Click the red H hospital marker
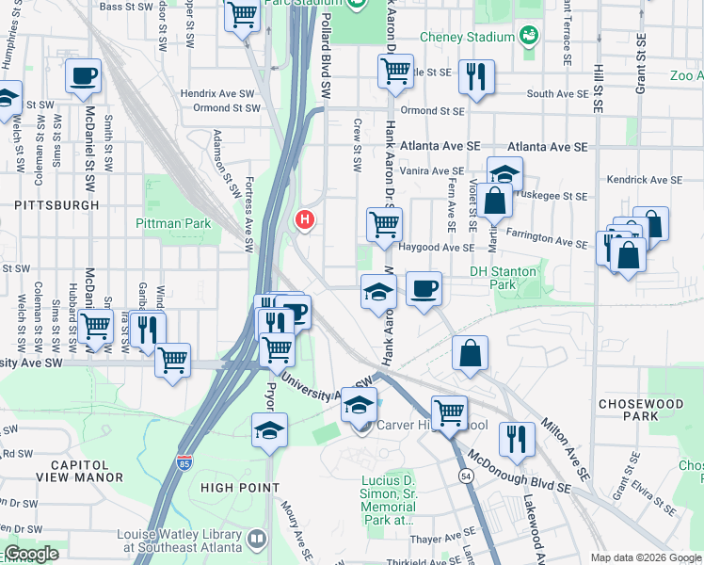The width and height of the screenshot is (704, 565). (x=304, y=220)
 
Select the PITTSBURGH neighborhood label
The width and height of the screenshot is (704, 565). (x=56, y=204)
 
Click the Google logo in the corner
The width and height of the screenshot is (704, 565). (x=31, y=554)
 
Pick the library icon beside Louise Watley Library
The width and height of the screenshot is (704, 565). (x=258, y=539)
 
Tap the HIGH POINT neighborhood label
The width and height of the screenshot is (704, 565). (x=240, y=487)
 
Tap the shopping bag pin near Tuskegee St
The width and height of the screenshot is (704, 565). (x=494, y=201)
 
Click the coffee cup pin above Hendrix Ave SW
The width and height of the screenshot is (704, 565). (x=84, y=75)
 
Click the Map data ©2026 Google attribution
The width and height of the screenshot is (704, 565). (x=645, y=557)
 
